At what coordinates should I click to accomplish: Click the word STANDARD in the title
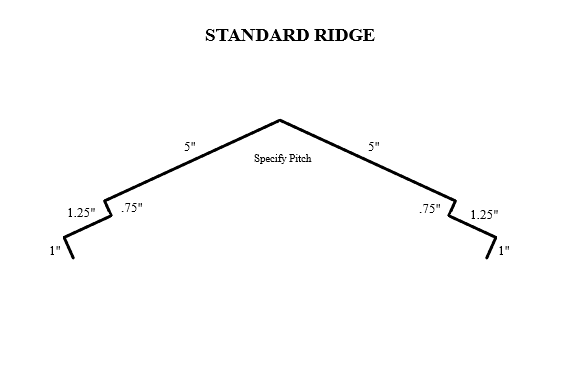click(255, 36)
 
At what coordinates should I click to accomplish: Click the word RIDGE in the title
click(344, 36)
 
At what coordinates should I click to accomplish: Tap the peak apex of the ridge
click(280, 120)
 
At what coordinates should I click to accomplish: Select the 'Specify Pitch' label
click(282, 158)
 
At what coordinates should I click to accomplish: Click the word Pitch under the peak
click(298, 158)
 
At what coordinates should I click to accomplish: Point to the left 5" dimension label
click(190, 146)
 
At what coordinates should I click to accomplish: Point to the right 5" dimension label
click(374, 146)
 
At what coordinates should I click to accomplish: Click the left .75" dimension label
click(131, 208)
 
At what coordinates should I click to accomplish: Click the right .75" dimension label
click(430, 209)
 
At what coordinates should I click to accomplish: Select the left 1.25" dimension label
click(81, 212)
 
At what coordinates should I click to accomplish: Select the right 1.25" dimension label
click(484, 213)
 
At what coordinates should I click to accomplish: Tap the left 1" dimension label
click(56, 251)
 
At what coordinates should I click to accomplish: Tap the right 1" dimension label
click(504, 251)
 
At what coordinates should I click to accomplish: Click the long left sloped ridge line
click(190, 160)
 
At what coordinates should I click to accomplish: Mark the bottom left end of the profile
click(73, 257)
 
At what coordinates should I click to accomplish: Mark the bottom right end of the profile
click(487, 257)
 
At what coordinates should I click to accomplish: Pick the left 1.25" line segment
click(88, 226)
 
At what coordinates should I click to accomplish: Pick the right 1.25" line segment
click(472, 226)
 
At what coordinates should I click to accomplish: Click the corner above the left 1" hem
click(65, 237)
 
